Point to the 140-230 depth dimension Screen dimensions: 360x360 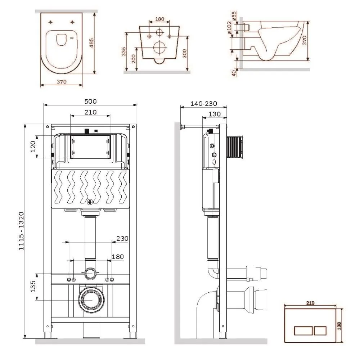[204, 104]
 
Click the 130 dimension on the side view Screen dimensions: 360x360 [214, 114]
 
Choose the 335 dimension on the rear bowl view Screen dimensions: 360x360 [124, 52]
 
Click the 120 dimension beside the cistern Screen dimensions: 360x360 [33, 147]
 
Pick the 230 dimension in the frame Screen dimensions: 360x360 [122, 238]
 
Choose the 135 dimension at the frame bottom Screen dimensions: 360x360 [33, 287]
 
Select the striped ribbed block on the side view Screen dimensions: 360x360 [235, 147]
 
